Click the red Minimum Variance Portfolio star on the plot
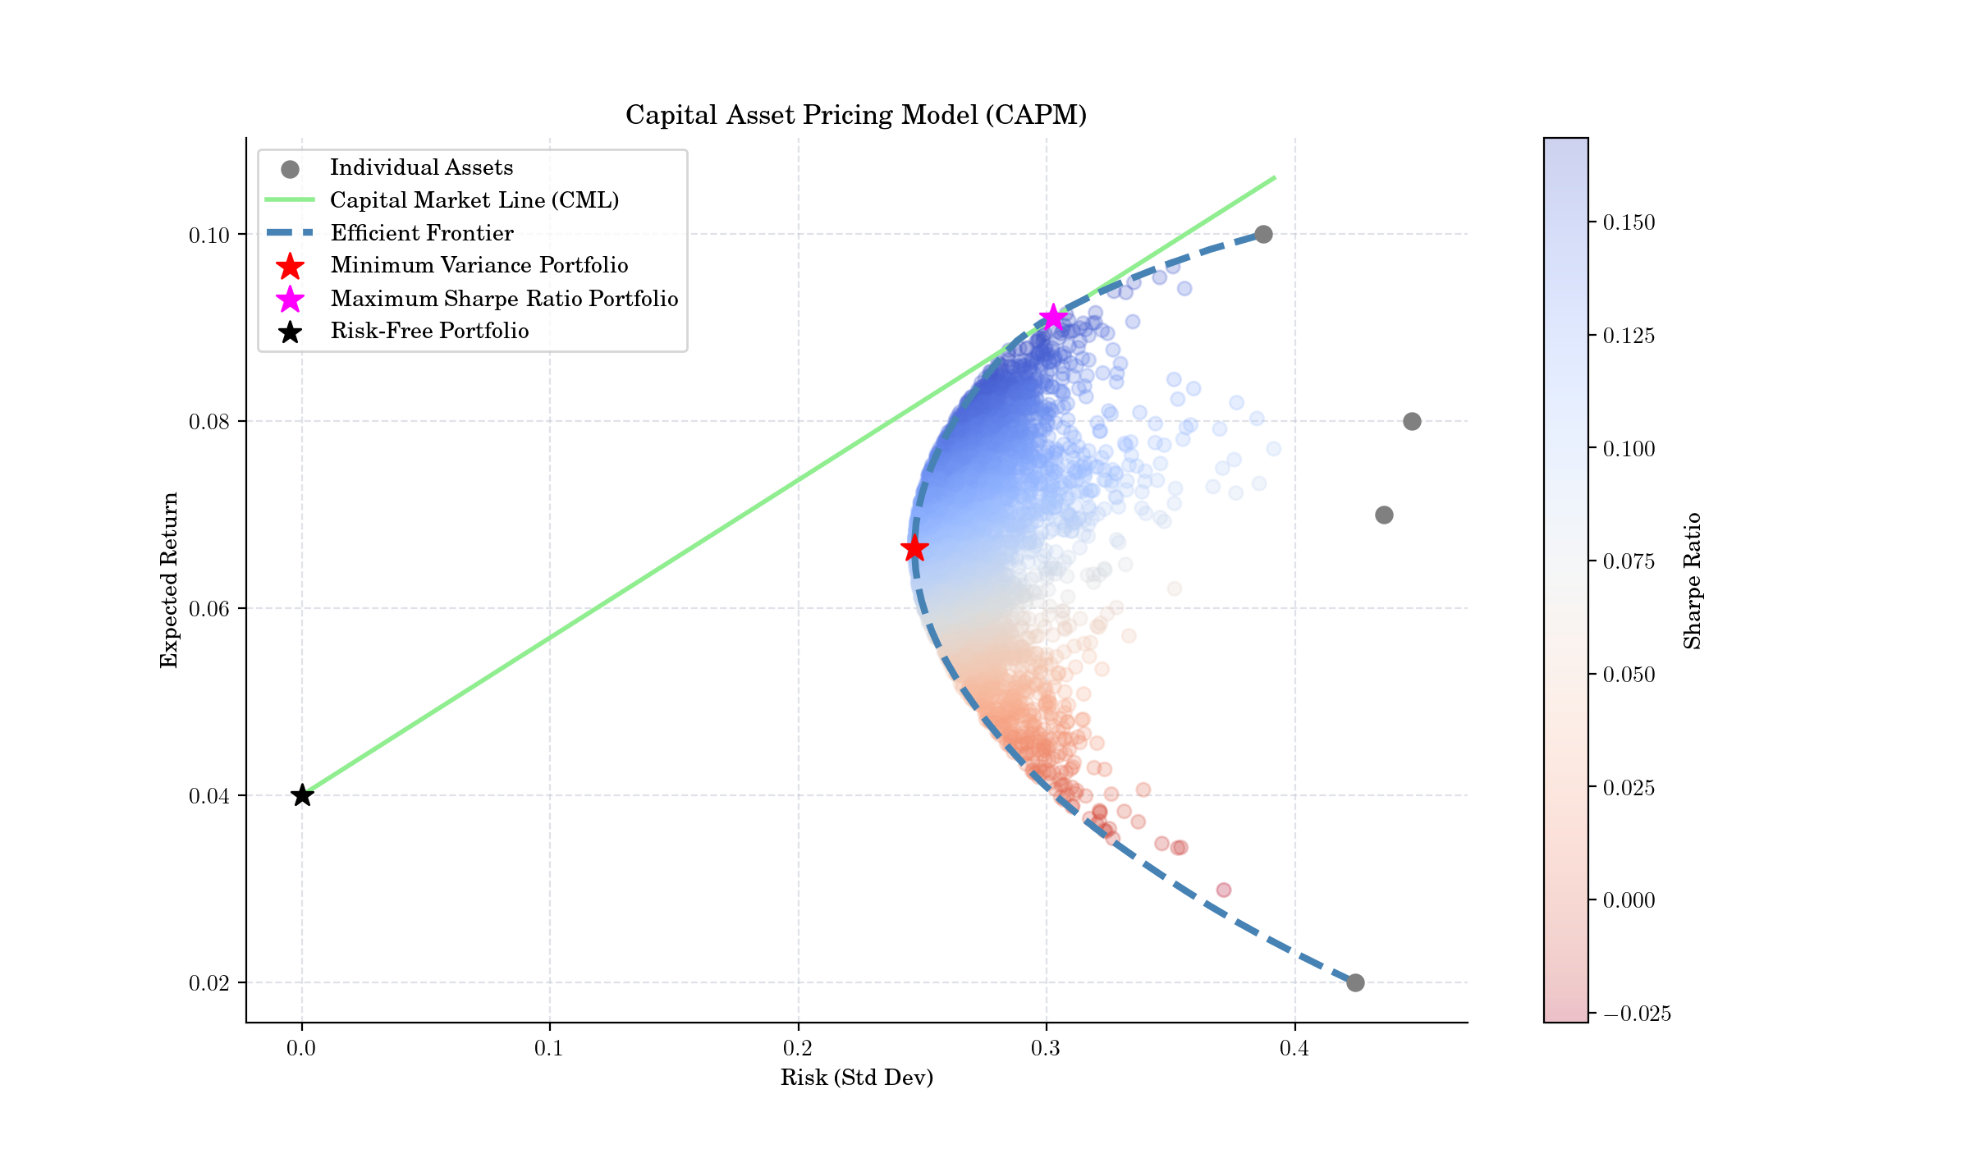(x=914, y=548)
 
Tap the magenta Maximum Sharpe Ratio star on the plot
(x=1053, y=318)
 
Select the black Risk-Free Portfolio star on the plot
(x=302, y=795)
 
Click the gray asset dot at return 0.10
(x=1264, y=235)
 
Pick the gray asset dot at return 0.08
(x=1412, y=422)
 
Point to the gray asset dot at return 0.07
(x=1384, y=515)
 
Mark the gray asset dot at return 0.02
(x=1355, y=982)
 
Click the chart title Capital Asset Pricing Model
(x=856, y=115)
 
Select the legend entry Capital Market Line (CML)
(x=474, y=200)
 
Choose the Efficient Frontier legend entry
(x=421, y=233)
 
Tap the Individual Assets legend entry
(x=421, y=167)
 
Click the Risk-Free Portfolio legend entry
(x=429, y=331)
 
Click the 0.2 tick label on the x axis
(x=798, y=1049)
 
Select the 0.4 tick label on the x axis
(x=1294, y=1049)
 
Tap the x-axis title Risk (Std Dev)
(x=857, y=1078)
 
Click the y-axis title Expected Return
(x=169, y=580)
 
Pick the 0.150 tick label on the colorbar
(x=1629, y=223)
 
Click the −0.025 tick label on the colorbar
(x=1637, y=1014)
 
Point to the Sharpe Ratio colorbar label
(x=1693, y=580)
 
